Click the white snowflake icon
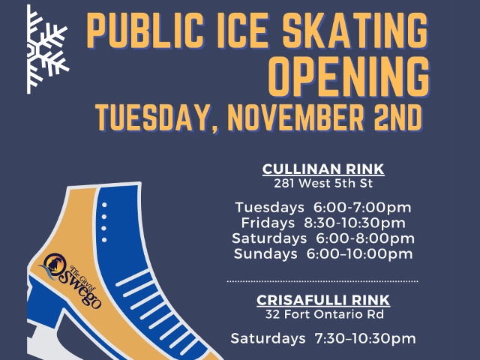(x=46, y=49)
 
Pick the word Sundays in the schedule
(x=265, y=253)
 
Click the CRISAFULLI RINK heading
(x=323, y=300)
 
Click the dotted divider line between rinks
(x=322, y=280)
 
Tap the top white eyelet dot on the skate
(x=104, y=205)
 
